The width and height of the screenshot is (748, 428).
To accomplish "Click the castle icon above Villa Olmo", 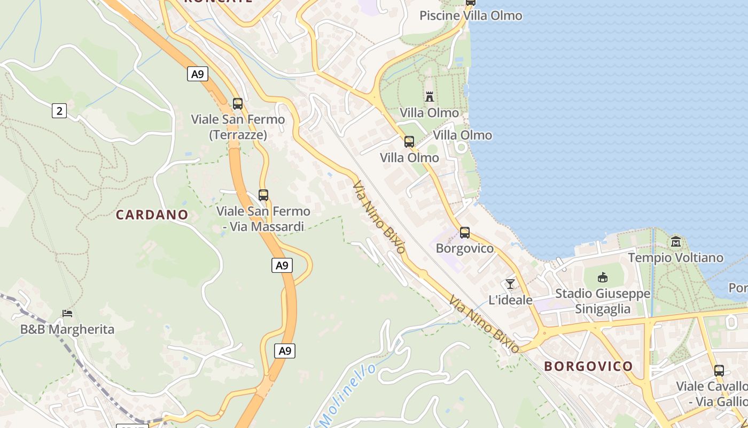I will tap(430, 96).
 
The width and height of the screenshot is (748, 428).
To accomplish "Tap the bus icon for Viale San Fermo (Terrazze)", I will tap(238, 104).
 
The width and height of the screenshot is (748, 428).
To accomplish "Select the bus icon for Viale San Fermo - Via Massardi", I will tap(263, 195).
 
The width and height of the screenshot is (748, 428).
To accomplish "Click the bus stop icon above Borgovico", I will tap(465, 233).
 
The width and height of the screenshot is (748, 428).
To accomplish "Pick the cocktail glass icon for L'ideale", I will tap(510, 284).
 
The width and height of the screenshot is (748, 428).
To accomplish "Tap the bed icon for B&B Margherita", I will tap(67, 314).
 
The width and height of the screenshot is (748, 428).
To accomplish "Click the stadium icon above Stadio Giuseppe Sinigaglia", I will tap(603, 277).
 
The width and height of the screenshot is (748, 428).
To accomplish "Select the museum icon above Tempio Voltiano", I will tap(676, 242).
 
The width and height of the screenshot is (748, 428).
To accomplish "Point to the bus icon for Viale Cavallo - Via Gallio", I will tap(719, 370).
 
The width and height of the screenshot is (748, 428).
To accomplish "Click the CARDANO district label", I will tap(152, 215).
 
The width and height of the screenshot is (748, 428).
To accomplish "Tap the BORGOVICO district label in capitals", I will tap(588, 366).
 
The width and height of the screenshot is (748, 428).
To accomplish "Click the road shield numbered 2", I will tap(59, 111).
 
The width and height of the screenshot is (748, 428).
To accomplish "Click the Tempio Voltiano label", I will tap(676, 258).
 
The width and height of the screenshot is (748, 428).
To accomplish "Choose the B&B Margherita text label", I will tap(67, 329).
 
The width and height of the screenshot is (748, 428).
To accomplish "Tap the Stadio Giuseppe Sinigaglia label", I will tap(603, 301).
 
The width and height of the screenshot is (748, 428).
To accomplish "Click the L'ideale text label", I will tap(511, 300).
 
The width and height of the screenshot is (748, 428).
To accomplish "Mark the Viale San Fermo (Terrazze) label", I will tap(238, 127).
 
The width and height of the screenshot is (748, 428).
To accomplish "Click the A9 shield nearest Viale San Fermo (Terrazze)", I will tap(198, 74).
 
